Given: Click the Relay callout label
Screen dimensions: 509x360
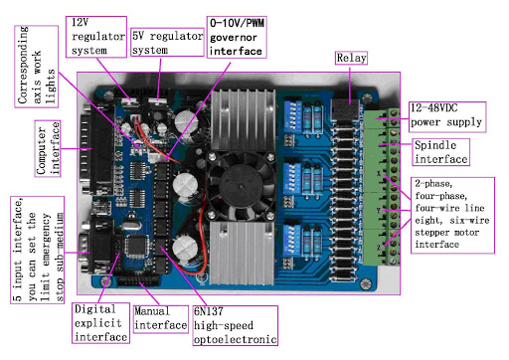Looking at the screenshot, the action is click(x=351, y=58).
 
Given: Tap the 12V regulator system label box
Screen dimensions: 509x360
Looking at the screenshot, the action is click(x=96, y=37).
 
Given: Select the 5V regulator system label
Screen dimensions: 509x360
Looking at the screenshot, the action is click(x=167, y=42).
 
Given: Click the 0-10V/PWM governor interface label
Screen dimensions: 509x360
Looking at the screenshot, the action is click(x=237, y=37).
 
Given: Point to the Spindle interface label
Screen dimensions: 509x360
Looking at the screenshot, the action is click(x=440, y=152).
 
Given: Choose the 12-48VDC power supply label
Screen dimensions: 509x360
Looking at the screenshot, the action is click(x=447, y=117).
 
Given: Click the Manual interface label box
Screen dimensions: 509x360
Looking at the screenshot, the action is click(x=161, y=319).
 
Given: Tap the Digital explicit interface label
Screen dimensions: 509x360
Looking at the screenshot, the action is click(x=100, y=323).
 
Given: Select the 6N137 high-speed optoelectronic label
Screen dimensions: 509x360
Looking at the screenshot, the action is click(x=235, y=325).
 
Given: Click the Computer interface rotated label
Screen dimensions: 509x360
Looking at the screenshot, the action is click(x=48, y=148).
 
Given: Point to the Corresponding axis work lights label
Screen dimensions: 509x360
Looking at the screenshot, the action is click(x=37, y=67).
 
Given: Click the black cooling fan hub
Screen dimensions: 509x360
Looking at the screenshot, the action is click(x=241, y=186).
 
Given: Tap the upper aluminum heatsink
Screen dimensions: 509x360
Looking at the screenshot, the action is click(x=244, y=120).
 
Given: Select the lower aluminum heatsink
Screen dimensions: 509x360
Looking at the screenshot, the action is click(x=242, y=254).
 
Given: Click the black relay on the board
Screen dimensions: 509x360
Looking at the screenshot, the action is click(x=345, y=109).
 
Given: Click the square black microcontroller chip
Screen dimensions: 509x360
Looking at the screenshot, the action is click(x=136, y=246).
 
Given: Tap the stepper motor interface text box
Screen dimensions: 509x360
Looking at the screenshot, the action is click(x=452, y=215).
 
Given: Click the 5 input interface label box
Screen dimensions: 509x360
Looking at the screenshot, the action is click(x=37, y=250).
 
